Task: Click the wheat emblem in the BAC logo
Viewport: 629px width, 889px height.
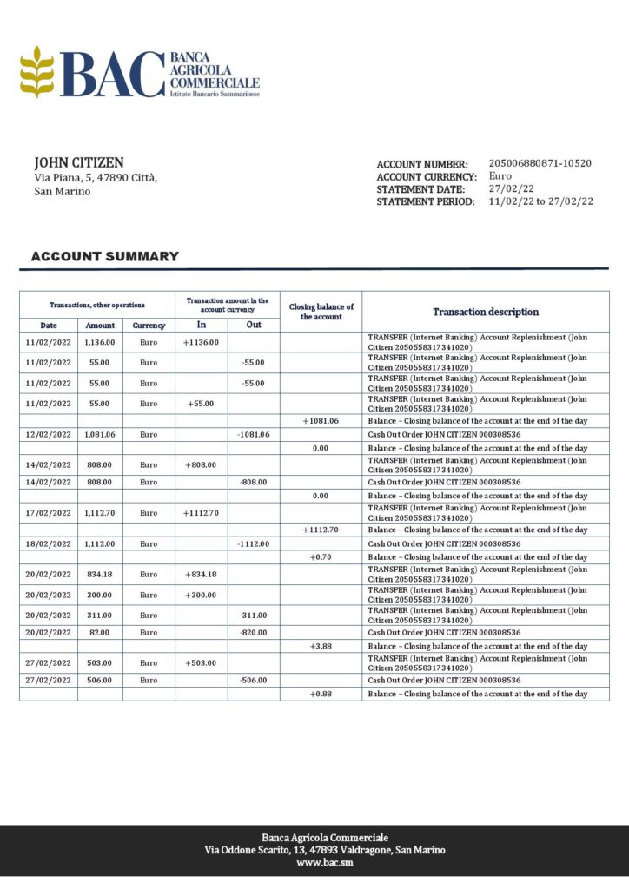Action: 36,72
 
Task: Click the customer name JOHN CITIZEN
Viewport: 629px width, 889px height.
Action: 79,162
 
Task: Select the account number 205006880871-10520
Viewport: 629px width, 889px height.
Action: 540,163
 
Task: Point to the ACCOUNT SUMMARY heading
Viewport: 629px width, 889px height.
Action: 104,256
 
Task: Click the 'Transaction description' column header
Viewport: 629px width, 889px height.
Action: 486,312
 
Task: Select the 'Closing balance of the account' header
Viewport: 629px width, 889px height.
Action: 321,312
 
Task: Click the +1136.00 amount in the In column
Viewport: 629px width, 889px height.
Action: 201,342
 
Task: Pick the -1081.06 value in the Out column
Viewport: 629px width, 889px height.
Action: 253,434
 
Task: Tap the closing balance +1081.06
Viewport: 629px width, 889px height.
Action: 321,420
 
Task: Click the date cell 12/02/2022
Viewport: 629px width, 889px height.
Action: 49,434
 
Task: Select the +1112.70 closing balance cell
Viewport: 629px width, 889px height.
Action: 321,530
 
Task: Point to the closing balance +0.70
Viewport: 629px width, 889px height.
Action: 321,557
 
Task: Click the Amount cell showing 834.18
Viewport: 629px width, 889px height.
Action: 100,574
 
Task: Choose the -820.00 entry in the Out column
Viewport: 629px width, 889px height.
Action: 253,633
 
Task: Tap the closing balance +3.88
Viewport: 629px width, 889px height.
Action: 321,647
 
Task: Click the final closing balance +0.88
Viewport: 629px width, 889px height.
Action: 321,695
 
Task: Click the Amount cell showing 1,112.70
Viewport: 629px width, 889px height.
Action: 100,513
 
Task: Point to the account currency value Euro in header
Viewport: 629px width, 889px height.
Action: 500,176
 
